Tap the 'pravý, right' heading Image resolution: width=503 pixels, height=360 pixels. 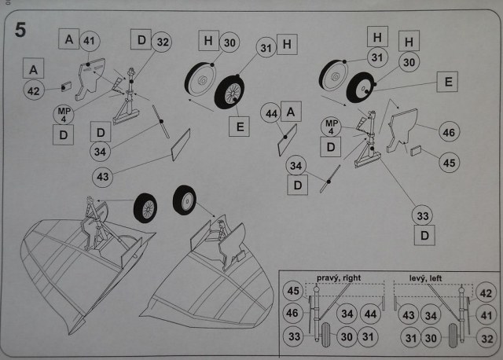coord(340,278)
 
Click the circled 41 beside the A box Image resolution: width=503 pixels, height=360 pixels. coord(90,40)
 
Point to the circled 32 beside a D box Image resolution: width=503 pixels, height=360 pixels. coord(163,41)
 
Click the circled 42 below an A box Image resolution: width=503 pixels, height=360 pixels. coord(33,91)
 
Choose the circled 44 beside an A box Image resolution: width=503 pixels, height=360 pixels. coord(270,114)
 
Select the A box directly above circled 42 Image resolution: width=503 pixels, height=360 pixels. coord(34,69)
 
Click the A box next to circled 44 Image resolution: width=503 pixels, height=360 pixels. coord(290,112)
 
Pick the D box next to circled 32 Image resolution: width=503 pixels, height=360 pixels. coord(141,39)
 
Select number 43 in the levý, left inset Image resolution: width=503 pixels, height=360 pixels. coord(407,314)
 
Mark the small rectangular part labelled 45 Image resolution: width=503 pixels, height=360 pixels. coord(416,150)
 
